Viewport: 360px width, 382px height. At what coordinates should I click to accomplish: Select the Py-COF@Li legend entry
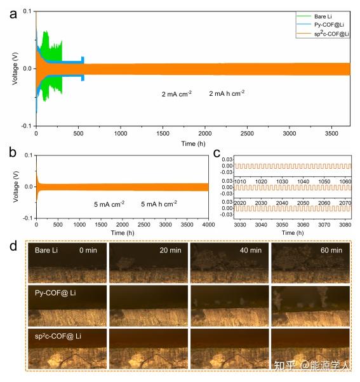324,23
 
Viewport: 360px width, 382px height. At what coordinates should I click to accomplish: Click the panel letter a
12,13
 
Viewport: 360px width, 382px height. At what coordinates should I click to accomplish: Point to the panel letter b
12,153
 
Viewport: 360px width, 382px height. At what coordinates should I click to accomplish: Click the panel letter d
12,244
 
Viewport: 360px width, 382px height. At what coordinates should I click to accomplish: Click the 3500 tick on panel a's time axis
331,135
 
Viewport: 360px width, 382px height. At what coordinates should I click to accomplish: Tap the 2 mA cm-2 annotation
177,94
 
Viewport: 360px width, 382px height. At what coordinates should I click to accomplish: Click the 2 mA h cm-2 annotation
227,93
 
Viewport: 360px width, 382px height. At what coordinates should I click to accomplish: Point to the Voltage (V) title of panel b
15,187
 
